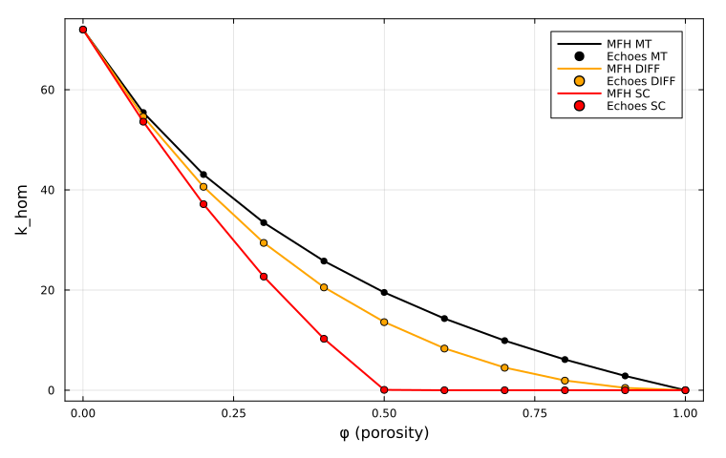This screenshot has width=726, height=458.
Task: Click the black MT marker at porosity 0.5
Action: [384, 292]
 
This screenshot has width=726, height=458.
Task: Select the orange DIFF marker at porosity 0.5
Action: [384, 322]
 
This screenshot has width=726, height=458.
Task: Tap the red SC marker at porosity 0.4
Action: [324, 339]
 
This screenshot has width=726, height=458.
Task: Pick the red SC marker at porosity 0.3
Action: [264, 277]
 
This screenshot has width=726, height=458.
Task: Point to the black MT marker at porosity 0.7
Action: [504, 341]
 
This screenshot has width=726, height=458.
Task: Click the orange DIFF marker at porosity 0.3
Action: [264, 243]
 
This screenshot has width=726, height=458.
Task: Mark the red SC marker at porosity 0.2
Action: [203, 204]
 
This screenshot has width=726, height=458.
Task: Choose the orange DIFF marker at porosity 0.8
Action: [565, 381]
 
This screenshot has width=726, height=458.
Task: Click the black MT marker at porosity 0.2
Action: [203, 175]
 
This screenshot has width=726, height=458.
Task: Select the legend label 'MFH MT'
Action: [629, 44]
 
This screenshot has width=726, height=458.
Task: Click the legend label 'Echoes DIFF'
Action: [641, 81]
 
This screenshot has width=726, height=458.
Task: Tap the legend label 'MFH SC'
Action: [629, 94]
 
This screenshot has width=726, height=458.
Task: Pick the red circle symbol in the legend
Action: [579, 106]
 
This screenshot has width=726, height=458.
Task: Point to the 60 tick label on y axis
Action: [48, 90]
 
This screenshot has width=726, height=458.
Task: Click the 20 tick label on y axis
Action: [48, 290]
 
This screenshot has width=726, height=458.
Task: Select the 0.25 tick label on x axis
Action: [233, 413]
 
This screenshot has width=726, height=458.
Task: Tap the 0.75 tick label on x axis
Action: [534, 413]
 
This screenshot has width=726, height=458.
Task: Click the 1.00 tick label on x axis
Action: [685, 413]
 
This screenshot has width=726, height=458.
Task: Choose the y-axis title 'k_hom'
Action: [21, 210]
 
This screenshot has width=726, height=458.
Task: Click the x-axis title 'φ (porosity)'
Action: [384, 433]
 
